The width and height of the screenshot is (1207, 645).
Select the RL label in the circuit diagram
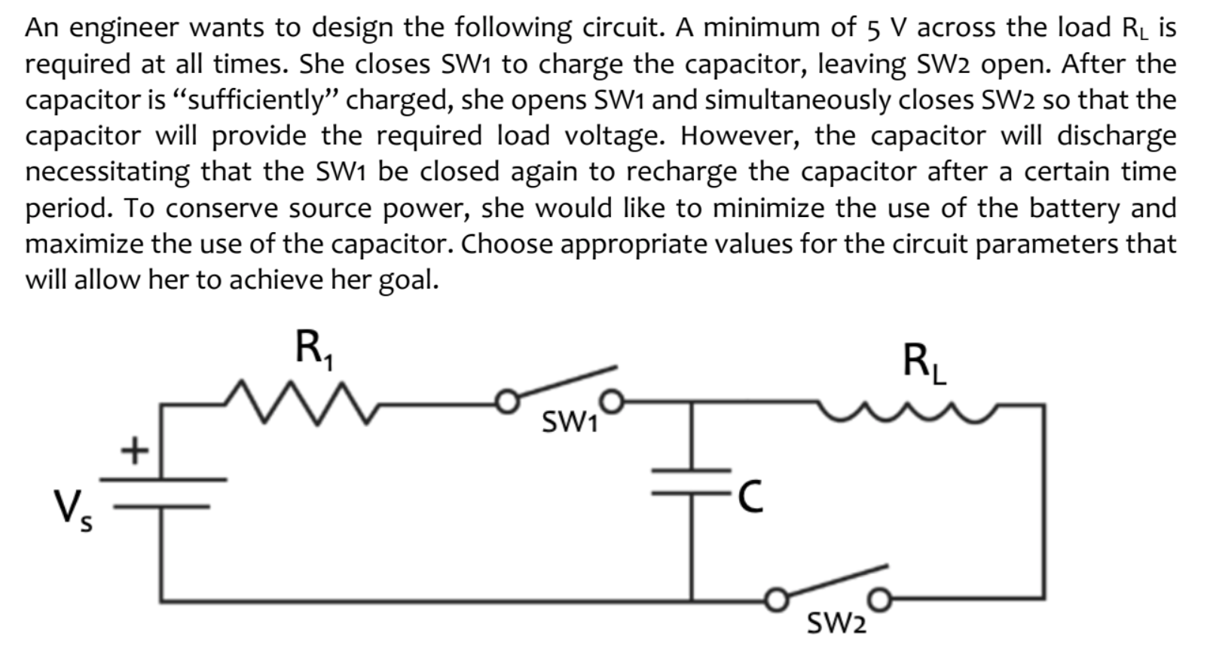[924, 364]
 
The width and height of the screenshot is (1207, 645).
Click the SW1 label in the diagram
[570, 424]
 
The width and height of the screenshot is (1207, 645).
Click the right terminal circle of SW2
[880, 601]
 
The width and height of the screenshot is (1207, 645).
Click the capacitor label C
[750, 498]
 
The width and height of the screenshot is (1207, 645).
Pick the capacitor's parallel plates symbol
[692, 482]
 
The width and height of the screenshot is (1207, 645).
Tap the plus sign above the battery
[133, 451]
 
